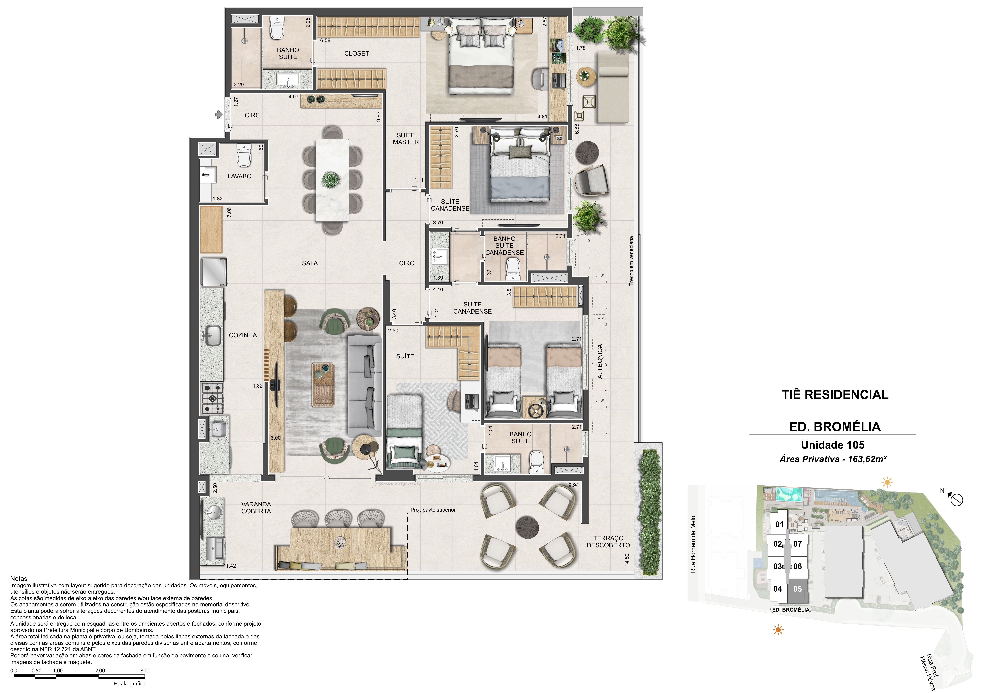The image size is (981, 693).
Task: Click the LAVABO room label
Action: [239, 176]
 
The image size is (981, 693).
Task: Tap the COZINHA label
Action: [243, 335]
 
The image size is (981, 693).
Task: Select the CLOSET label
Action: [356, 53]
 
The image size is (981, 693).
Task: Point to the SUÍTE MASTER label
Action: [406, 138]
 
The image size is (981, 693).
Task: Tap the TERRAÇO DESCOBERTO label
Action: [608, 542]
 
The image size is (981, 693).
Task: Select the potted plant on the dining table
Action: [331, 180]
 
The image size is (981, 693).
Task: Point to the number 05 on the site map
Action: [797, 589]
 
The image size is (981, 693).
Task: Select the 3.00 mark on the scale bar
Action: [145, 670]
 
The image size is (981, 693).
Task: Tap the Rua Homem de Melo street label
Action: [693, 544]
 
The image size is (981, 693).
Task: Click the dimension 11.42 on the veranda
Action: [230, 566]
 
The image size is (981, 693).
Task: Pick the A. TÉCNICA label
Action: [600, 361]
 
